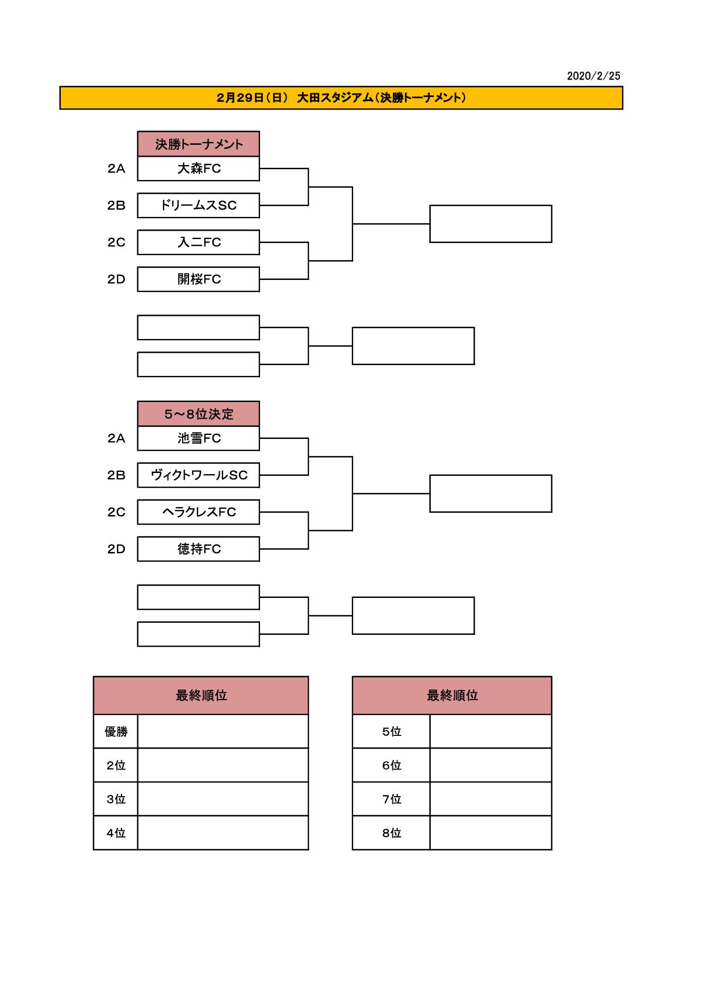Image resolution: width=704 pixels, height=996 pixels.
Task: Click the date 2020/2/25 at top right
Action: (x=593, y=76)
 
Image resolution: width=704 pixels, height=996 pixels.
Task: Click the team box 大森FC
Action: (x=199, y=169)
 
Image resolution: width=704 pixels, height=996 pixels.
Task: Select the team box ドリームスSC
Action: (x=199, y=206)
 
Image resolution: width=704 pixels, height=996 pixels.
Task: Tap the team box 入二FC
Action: (x=199, y=242)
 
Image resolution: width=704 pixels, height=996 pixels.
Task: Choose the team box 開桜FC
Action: (x=199, y=279)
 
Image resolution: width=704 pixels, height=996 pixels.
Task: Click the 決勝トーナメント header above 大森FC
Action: (x=199, y=144)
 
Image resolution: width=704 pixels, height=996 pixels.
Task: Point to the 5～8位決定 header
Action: (x=199, y=414)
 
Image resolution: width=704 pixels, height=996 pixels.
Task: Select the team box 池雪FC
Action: (x=199, y=438)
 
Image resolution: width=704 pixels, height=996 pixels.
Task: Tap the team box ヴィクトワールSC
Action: (x=199, y=475)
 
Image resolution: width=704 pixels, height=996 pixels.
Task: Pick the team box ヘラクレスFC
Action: (x=199, y=512)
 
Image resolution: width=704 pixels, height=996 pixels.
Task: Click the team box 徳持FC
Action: (x=199, y=549)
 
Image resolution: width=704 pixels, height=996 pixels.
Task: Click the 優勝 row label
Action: (x=116, y=731)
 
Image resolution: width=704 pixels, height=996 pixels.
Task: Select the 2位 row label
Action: (x=116, y=765)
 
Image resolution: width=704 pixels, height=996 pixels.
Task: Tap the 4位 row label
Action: (x=116, y=833)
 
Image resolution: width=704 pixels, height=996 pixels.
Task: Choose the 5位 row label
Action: (x=392, y=731)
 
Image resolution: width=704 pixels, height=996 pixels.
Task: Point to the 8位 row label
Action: (x=392, y=833)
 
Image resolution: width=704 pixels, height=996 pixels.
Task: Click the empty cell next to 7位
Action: (x=491, y=799)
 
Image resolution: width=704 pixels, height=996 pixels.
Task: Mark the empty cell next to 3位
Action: (x=223, y=799)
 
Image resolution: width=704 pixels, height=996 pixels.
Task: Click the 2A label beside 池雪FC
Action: (x=116, y=438)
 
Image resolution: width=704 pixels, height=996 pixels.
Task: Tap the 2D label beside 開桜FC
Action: (x=116, y=279)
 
